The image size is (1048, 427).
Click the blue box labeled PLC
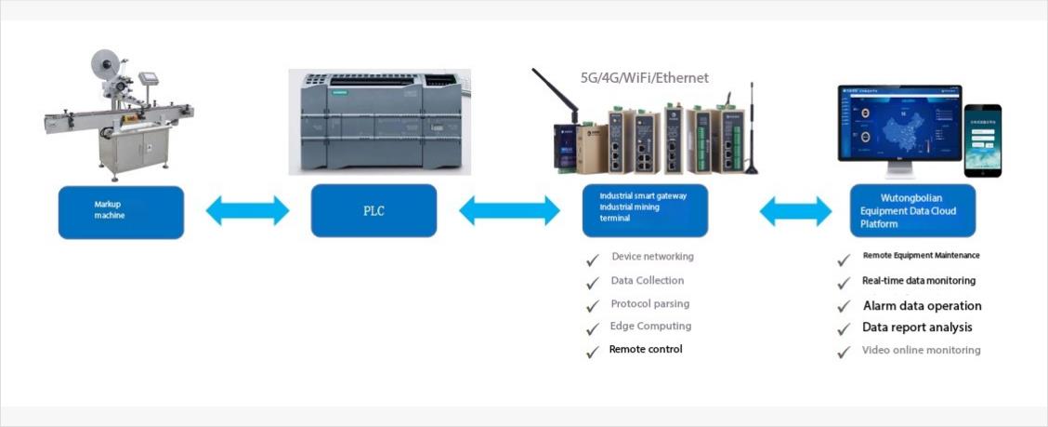(x=373, y=210)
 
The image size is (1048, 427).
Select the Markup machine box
(x=121, y=211)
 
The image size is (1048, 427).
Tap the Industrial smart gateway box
(x=646, y=210)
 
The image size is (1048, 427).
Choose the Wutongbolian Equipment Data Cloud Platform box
(x=913, y=210)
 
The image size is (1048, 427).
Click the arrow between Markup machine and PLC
(x=247, y=210)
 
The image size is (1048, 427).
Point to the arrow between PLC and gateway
(x=509, y=210)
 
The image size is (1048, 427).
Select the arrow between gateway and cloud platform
(x=795, y=211)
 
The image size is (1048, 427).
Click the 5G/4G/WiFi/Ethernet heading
(x=645, y=78)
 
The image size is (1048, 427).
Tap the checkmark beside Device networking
(x=592, y=260)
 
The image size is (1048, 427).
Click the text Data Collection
(x=648, y=280)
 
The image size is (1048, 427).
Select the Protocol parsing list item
(x=650, y=303)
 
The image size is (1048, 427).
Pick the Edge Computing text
(x=650, y=327)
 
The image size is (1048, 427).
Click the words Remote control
(x=646, y=349)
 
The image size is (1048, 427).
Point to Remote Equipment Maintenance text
(x=921, y=255)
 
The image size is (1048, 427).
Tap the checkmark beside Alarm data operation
(x=844, y=307)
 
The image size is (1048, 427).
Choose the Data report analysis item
(x=917, y=327)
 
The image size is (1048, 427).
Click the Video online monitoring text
(x=921, y=351)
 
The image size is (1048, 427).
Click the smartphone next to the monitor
(x=982, y=140)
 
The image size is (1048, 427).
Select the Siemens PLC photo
(x=379, y=122)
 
